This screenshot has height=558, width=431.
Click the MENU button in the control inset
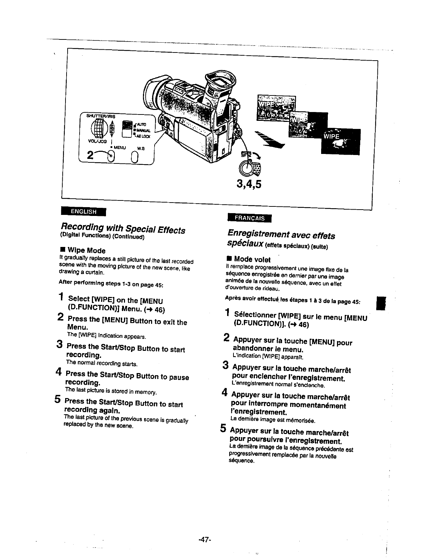[x=111, y=155]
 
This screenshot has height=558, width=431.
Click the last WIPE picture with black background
[x=341, y=142]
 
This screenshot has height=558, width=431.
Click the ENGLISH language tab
[x=83, y=211]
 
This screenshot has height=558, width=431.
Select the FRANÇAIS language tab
[x=250, y=218]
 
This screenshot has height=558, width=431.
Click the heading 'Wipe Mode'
[x=86, y=250]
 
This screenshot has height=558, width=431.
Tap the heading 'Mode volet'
[x=252, y=260]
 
